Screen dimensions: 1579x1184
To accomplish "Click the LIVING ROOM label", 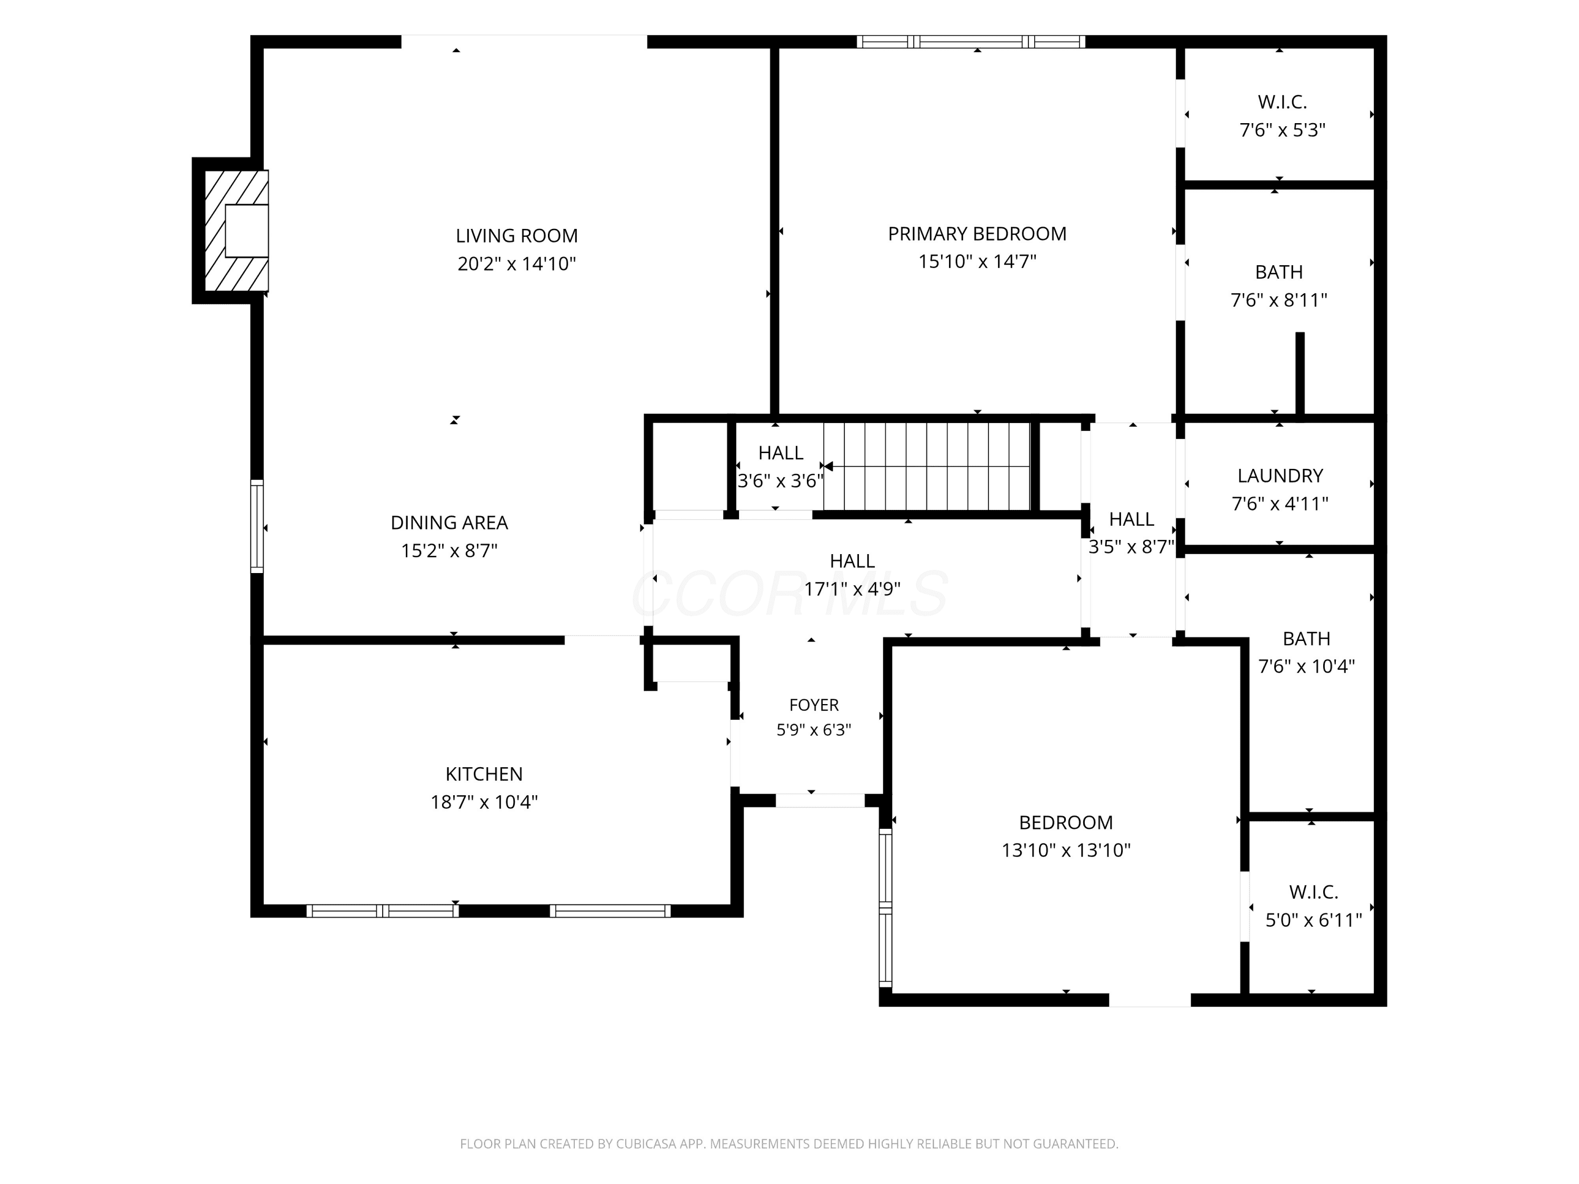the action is [x=517, y=236].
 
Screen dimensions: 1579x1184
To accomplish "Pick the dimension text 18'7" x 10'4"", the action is [x=484, y=802].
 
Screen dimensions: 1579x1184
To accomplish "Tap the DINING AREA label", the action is [x=449, y=523].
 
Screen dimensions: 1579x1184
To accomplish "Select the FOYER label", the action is [x=814, y=705].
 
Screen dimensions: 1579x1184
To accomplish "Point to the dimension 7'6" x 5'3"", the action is [x=1282, y=131].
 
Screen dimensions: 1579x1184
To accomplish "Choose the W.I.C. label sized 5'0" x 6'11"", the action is [x=1313, y=892].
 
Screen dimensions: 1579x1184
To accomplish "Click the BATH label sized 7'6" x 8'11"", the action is [x=1278, y=272].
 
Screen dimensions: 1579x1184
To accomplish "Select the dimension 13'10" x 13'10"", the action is [x=1066, y=850].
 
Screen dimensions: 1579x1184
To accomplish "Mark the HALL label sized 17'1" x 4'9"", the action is [x=852, y=561].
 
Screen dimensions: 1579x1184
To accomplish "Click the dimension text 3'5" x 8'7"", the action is [x=1132, y=547].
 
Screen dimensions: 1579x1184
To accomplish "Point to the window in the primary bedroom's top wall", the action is [x=971, y=42].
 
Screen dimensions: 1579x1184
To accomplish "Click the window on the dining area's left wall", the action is [x=257, y=526].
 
